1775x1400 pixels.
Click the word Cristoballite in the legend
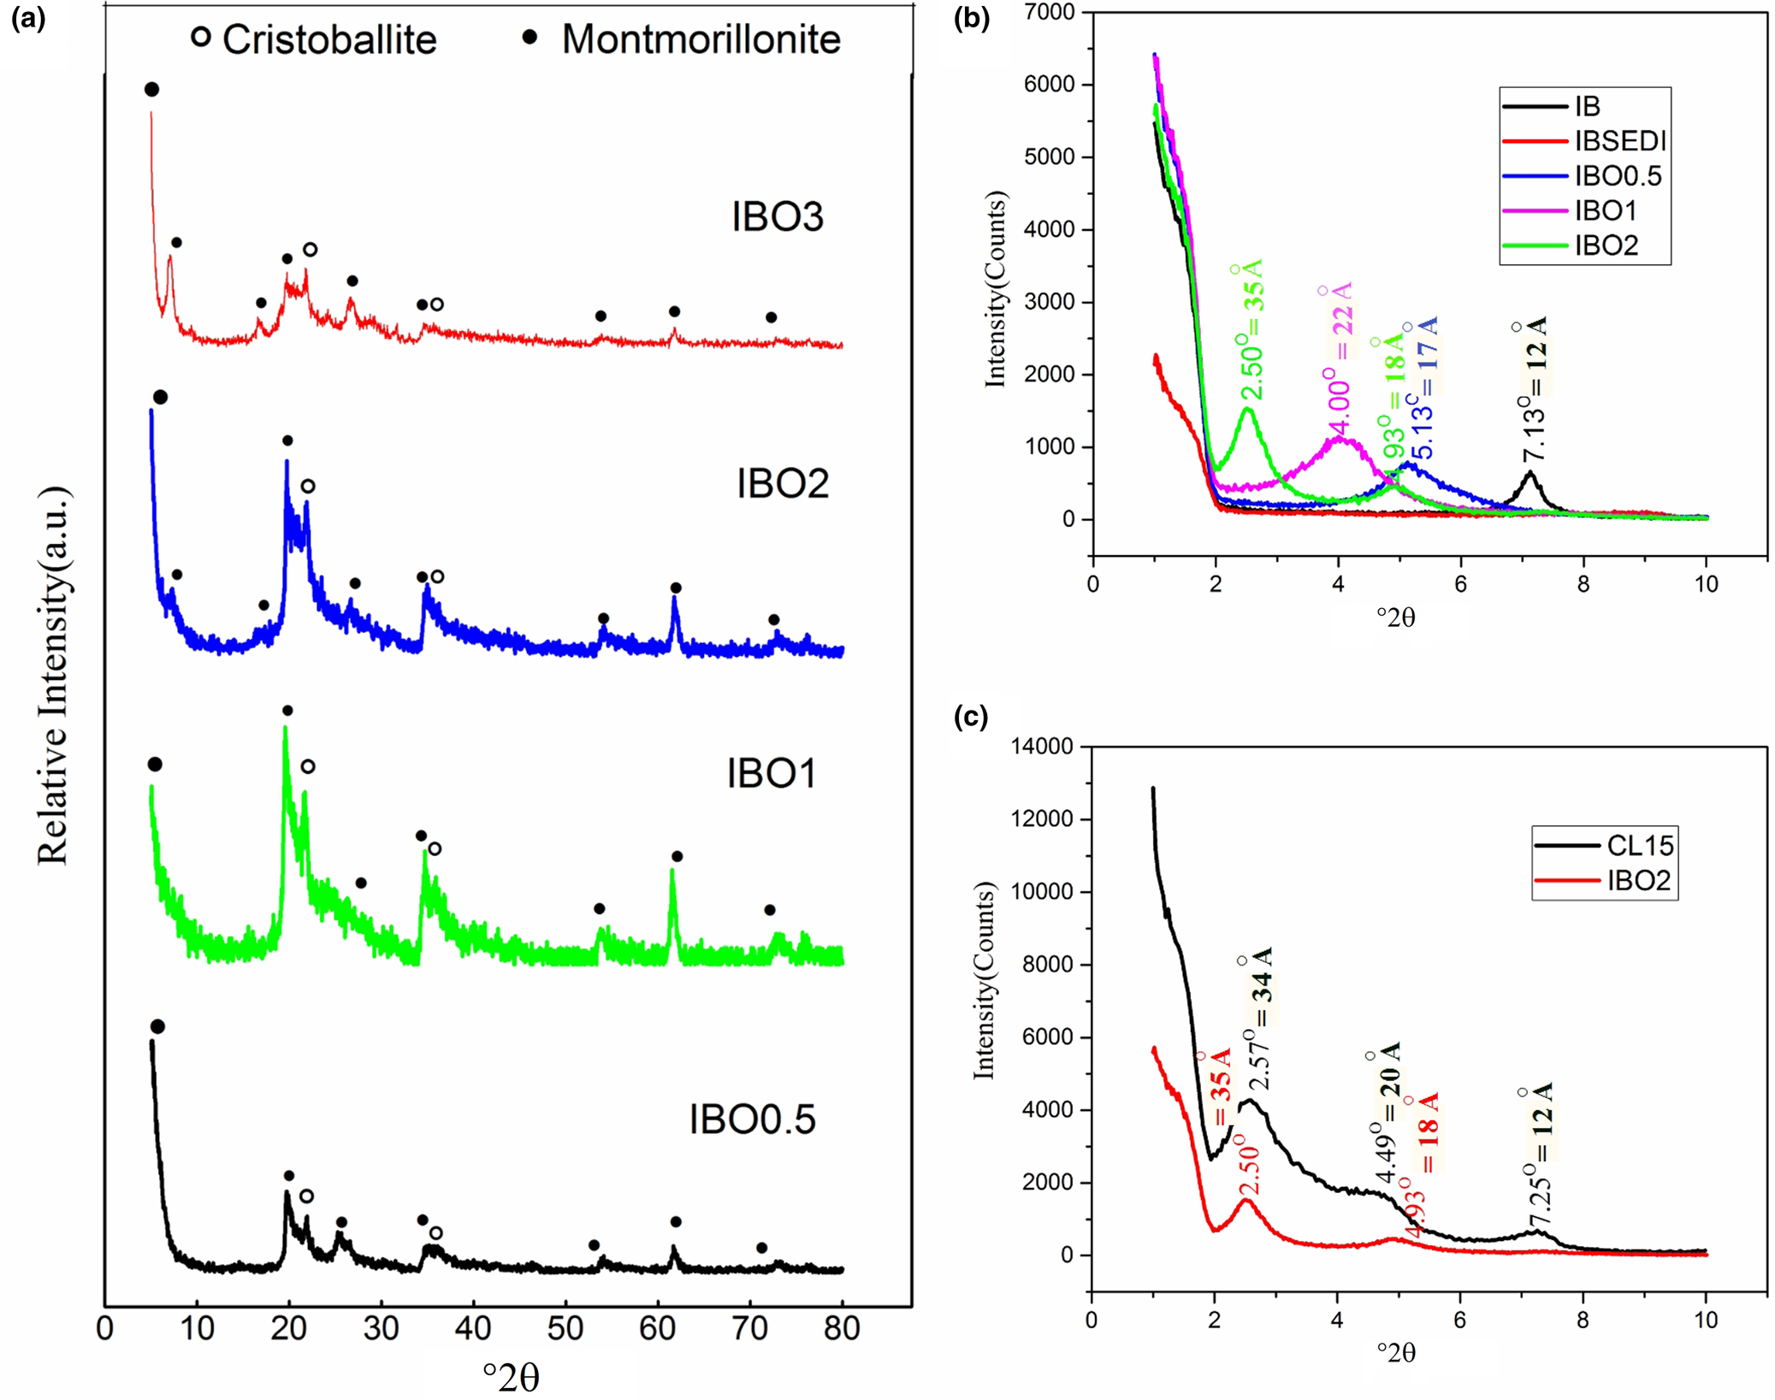coord(329,40)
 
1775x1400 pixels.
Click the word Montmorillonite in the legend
coord(701,40)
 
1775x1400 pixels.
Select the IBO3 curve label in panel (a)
coord(777,216)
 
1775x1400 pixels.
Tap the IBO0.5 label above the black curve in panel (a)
coord(752,1119)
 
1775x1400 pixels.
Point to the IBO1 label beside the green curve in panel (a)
coord(771,774)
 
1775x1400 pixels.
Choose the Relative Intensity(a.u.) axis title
coord(53,676)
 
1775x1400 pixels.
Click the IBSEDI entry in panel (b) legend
coord(1620,141)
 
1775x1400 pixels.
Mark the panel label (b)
coord(973,18)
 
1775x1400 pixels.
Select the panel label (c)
coord(971,716)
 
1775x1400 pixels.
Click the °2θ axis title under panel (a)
coord(512,1377)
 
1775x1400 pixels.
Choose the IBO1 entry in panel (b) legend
coord(1606,210)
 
